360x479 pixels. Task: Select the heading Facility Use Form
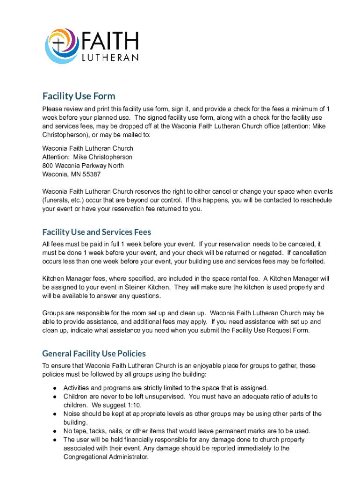pyautogui.click(x=79, y=96)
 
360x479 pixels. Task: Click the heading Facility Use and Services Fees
pyautogui.click(x=96, y=232)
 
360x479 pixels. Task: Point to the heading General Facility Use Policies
pyautogui.click(x=94, y=354)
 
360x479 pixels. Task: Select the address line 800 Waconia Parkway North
pyautogui.click(x=84, y=166)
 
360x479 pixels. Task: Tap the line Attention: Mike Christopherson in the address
pyautogui.click(x=87, y=157)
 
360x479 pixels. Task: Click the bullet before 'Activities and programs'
pyautogui.click(x=55, y=388)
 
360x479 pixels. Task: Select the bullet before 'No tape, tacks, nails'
pyautogui.click(x=55, y=431)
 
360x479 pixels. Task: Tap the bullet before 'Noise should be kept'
pyautogui.click(x=55, y=414)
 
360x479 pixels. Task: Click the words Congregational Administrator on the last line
pyautogui.click(x=105, y=457)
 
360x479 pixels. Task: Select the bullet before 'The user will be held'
pyautogui.click(x=55, y=440)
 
